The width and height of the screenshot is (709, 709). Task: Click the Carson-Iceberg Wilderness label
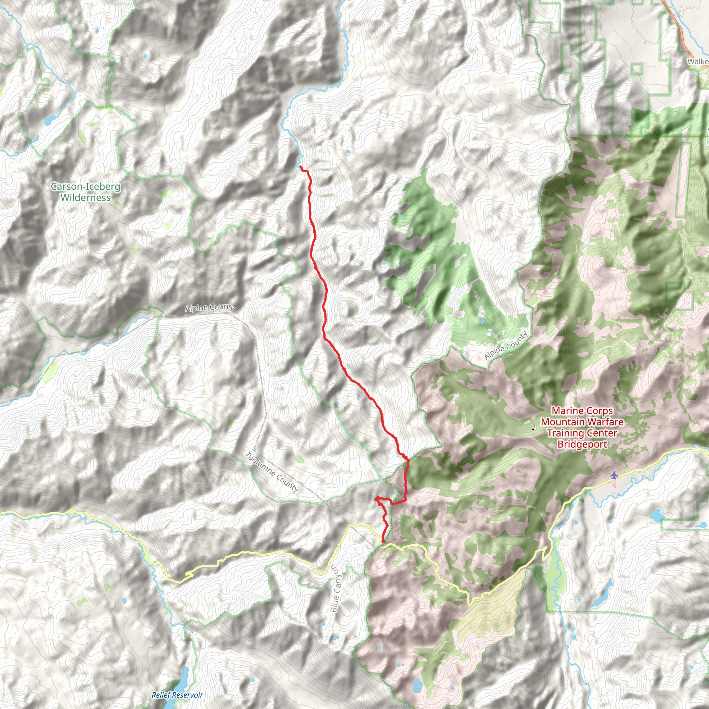pos(86,191)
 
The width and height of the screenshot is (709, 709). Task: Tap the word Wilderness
pos(86,197)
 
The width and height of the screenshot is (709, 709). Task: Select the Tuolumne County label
pos(271,472)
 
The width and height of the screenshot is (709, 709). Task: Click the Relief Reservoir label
pos(177,695)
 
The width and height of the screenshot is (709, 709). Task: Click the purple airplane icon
pos(614,475)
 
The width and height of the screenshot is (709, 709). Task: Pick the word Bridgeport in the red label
pos(582,444)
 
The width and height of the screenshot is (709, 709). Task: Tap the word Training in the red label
pos(563,433)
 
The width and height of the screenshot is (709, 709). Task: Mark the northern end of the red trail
pos(300,167)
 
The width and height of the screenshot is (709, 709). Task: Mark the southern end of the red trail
pos(383,542)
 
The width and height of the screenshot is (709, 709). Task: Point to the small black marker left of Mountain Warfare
pos(533,428)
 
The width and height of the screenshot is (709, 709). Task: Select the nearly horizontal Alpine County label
pos(209,307)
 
